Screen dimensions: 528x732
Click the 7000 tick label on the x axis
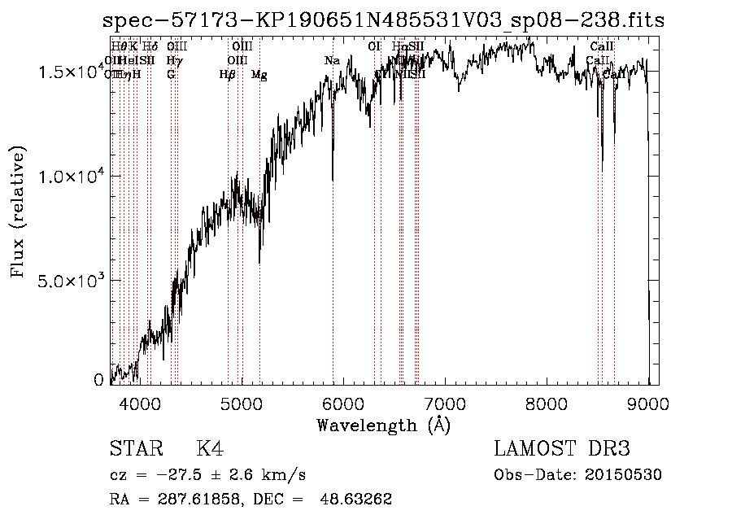445,403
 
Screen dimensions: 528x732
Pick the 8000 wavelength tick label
547,403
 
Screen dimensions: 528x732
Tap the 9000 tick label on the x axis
648,403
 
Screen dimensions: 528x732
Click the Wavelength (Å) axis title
383,425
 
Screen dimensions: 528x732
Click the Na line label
332,61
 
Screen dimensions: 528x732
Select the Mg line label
259,75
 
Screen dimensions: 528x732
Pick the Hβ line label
228,75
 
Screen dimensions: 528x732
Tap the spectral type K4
210,449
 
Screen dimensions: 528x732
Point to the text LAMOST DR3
562,449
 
